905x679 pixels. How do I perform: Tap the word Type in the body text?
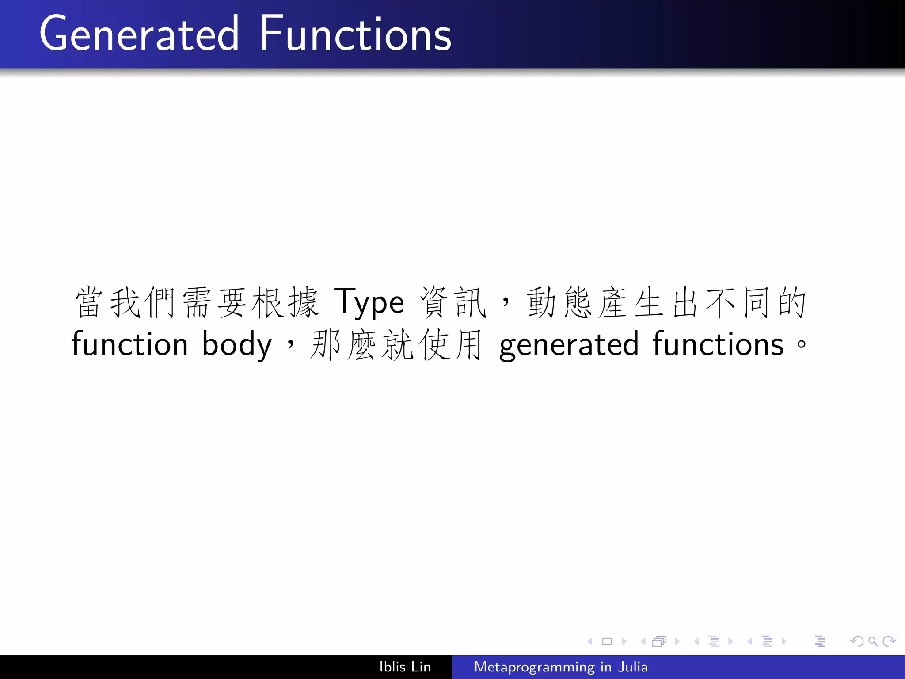pyautogui.click(x=369, y=303)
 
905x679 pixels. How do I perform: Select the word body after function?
pyautogui.click(x=237, y=345)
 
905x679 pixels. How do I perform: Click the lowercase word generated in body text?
pyautogui.click(x=569, y=345)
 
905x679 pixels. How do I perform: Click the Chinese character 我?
pyautogui.click(x=125, y=303)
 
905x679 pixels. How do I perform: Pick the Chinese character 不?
pyautogui.click(x=720, y=303)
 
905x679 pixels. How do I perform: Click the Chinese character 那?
pyautogui.click(x=325, y=345)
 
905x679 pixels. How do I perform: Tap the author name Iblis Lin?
pyautogui.click(x=405, y=667)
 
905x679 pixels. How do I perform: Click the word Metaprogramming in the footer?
pyautogui.click(x=534, y=667)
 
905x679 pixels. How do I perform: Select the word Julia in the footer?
pyautogui.click(x=633, y=667)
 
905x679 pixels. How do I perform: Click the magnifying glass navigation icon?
pyautogui.click(x=873, y=641)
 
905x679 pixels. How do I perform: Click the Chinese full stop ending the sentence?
pyautogui.click(x=802, y=344)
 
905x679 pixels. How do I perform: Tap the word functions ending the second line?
pyautogui.click(x=718, y=345)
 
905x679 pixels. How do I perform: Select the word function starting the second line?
pyautogui.click(x=129, y=345)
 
